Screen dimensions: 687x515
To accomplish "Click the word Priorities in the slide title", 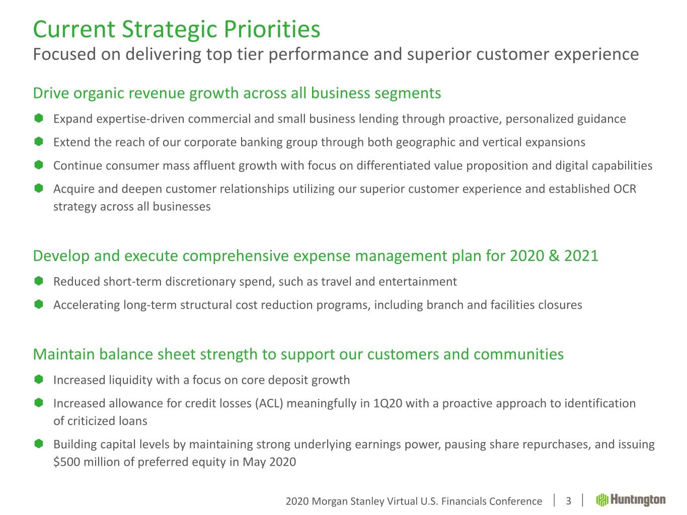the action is [272, 29].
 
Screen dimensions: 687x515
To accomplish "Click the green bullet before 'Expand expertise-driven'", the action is [38, 118].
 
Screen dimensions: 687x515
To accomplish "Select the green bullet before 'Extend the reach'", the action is [38, 142].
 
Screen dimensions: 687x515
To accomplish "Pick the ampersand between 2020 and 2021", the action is [554, 255].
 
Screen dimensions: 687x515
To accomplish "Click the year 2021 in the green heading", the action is [581, 255].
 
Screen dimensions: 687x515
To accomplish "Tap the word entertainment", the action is [418, 282].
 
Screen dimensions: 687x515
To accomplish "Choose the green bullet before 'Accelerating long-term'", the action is [38, 304].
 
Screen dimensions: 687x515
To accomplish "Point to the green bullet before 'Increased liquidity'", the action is [38, 380].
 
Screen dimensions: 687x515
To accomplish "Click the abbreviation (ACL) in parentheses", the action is [269, 403].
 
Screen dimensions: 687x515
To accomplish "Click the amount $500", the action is [66, 462].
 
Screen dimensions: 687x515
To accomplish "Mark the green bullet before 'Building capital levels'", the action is [38, 444].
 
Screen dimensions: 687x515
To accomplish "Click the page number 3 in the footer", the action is [568, 501].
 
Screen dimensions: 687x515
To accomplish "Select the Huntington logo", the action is [631, 500].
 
